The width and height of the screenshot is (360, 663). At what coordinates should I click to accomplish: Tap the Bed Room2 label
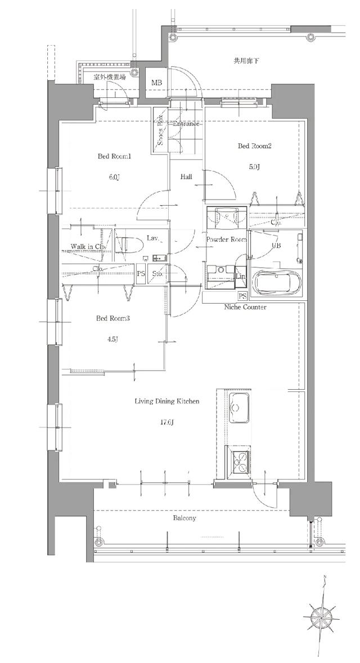[x=255, y=146]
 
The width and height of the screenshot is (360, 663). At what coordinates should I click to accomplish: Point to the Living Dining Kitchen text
[x=167, y=402]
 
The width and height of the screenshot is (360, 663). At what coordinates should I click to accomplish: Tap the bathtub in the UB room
[x=276, y=283]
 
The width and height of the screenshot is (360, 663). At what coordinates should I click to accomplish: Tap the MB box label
[x=156, y=84]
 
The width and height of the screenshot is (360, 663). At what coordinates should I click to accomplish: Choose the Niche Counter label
[x=245, y=307]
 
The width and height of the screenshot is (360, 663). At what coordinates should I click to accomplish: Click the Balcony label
[x=184, y=518]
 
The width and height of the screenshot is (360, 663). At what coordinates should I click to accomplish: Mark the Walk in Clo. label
[x=88, y=246]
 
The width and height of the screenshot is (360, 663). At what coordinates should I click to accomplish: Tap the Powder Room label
[x=226, y=240]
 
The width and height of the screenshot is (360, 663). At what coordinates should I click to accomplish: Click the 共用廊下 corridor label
[x=246, y=60]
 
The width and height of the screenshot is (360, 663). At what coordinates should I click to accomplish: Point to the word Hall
[x=186, y=177]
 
